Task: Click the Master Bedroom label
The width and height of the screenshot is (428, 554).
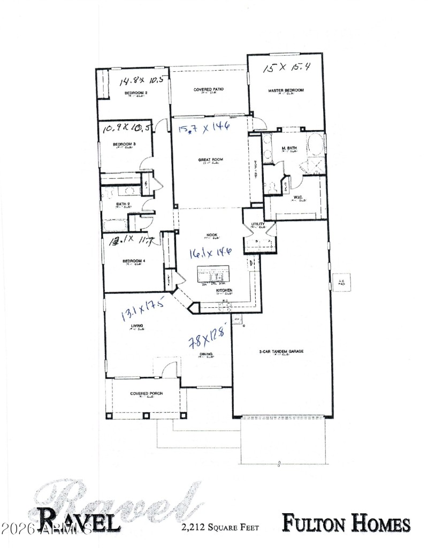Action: click(286, 91)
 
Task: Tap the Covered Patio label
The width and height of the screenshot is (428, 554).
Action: click(208, 89)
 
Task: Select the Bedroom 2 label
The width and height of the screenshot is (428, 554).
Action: click(136, 93)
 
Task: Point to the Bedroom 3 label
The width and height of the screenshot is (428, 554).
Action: click(124, 145)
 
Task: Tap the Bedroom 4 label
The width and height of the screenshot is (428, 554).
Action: click(134, 261)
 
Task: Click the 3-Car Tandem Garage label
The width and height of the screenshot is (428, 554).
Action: click(281, 352)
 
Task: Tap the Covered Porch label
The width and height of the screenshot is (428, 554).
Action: click(146, 394)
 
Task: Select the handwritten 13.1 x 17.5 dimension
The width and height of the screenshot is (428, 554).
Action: click(142, 310)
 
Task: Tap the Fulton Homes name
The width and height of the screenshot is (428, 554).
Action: click(346, 524)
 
